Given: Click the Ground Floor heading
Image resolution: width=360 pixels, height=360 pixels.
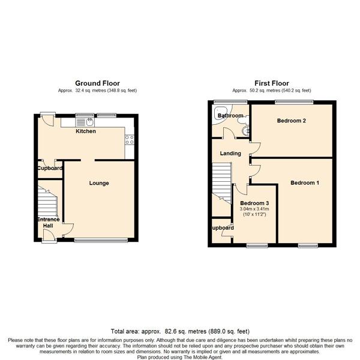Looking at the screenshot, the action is (97, 83).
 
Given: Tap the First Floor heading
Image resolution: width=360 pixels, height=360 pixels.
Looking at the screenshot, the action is (272, 83).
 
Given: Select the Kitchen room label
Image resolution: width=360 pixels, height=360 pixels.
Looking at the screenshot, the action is (86, 131).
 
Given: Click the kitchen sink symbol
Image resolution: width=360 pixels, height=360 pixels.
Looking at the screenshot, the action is (85, 122).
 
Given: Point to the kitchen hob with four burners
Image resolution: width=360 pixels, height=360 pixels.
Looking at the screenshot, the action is (130, 140).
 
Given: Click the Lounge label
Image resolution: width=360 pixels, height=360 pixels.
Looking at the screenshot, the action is (99, 183).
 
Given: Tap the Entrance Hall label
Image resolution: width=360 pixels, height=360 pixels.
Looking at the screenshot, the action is (48, 223).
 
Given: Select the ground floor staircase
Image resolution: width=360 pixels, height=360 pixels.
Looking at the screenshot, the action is (47, 202).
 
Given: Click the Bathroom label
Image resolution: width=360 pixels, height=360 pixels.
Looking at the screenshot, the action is (230, 115).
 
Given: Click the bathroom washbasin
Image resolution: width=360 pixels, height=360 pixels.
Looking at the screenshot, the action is (245, 131).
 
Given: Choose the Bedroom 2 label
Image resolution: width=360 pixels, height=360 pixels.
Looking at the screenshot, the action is (292, 121).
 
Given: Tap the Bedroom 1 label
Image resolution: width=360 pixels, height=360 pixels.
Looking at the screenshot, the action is (305, 183).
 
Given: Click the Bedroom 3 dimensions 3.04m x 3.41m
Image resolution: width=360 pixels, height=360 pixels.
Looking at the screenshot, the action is (254, 209).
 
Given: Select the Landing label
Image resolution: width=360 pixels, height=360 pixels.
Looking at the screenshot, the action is (230, 154).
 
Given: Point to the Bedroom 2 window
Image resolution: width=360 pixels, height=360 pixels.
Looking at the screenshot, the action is (294, 102).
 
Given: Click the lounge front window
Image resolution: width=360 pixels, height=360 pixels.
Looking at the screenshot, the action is (101, 240).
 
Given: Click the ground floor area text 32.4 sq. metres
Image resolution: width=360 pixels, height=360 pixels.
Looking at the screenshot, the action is (91, 91).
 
